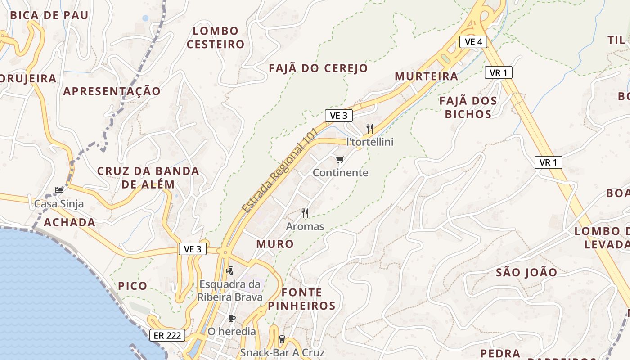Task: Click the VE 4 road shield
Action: click(473, 42)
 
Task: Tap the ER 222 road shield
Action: click(167, 335)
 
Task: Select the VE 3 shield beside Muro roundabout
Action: click(193, 249)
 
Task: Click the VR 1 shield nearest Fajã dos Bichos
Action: click(498, 72)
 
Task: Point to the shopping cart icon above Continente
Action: click(340, 160)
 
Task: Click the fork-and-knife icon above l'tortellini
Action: click(370, 129)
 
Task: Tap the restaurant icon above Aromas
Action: click(305, 213)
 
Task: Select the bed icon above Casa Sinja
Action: click(59, 190)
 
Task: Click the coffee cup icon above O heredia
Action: click(231, 319)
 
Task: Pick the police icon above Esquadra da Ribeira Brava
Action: click(229, 271)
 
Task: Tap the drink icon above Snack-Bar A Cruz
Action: click(282, 339)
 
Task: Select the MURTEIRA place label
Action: click(426, 76)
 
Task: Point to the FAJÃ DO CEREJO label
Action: click(318, 68)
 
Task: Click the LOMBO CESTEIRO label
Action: click(216, 38)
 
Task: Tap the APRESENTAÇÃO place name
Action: click(112, 91)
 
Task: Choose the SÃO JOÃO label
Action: click(526, 272)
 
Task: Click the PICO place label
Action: click(132, 286)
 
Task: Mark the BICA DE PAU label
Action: click(49, 15)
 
